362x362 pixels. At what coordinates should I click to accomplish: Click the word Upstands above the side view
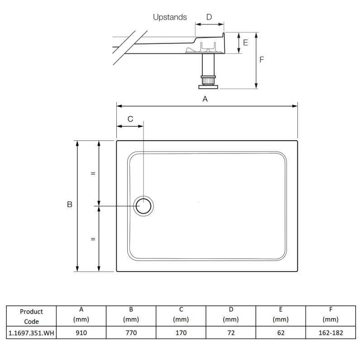[x=170, y=17]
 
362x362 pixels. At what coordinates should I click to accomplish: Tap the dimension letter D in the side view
[x=209, y=17]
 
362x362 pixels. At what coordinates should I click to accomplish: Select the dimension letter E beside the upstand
[x=246, y=43]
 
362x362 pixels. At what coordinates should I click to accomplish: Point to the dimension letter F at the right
[x=262, y=60]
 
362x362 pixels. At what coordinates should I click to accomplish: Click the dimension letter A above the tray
[x=205, y=99]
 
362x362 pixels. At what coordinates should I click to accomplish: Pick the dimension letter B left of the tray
[x=70, y=205]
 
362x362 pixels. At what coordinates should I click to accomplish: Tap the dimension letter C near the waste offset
[x=130, y=119]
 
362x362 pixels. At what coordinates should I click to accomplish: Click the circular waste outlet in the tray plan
[x=144, y=206]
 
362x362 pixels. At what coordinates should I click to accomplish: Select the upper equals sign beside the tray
[x=93, y=173]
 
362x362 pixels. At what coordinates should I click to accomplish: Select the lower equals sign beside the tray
[x=93, y=239]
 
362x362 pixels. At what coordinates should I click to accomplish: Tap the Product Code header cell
[x=31, y=316]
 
